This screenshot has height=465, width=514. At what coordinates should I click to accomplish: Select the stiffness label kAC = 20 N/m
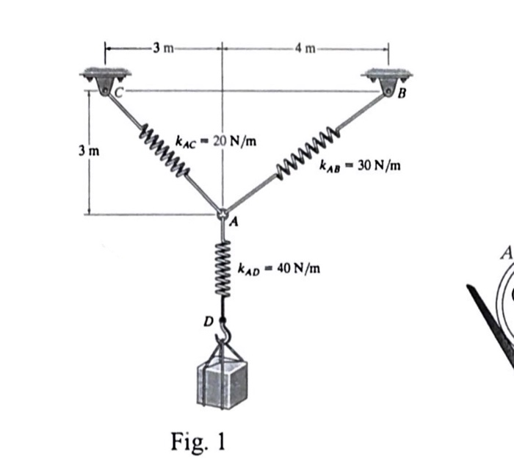[216, 141]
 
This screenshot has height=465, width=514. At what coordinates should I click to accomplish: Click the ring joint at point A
[222, 214]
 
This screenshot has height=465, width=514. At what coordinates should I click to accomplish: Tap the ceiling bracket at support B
[385, 76]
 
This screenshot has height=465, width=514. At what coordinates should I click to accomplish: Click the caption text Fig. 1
[198, 442]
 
